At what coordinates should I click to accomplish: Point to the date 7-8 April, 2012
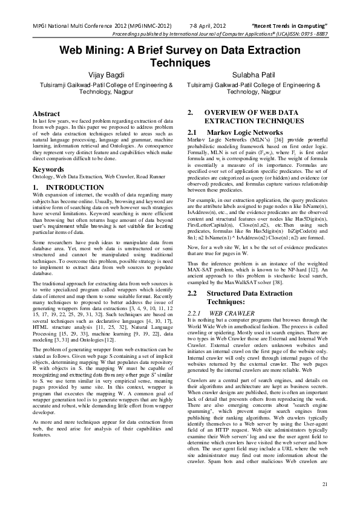[x=208, y=27]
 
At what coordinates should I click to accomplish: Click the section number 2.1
[x=193, y=132]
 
